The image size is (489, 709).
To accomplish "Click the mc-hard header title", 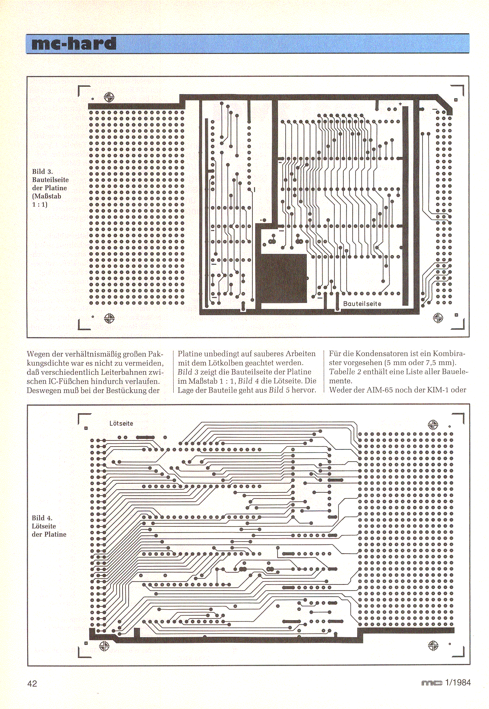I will pos(74,44).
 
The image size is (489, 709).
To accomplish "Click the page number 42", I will pos(32,683).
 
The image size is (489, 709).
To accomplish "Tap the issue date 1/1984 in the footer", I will pos(458,682).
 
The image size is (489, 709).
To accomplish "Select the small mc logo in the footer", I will pos(431,683).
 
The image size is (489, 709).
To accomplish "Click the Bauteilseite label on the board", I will pos(362,303).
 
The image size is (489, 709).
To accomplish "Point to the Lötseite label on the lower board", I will pos(121,423).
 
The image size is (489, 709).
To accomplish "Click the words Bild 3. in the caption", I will pos(43,172).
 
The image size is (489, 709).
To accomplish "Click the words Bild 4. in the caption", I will pos(42,518).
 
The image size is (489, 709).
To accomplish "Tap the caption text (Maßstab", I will pos(47,196).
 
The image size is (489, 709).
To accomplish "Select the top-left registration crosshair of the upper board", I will pos(109,97).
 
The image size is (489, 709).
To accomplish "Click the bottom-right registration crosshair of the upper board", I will pos(438,318).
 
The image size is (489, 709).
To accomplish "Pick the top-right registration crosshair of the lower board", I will pos(433,425).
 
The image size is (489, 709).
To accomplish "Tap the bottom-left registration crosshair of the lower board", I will pos(104,646).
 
